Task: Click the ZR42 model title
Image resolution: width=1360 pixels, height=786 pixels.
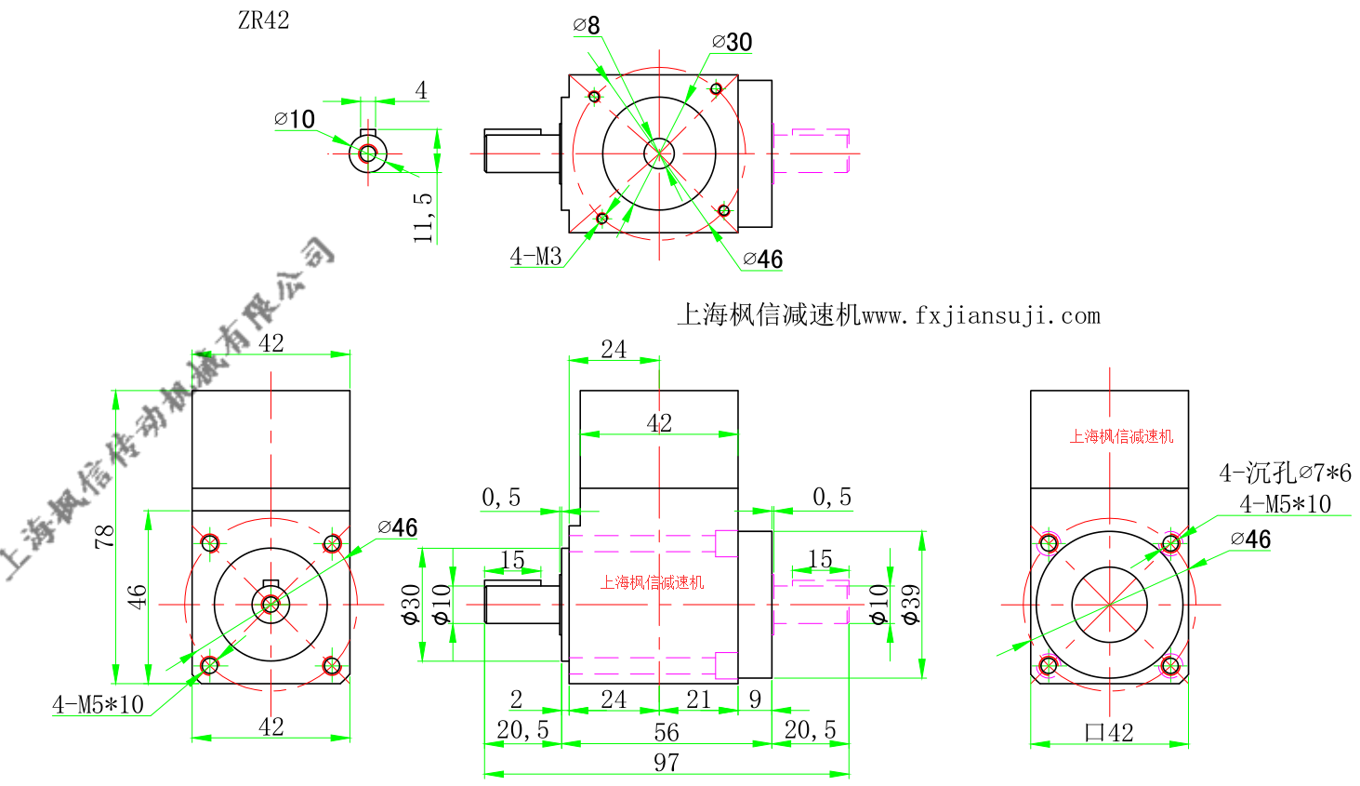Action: (x=263, y=20)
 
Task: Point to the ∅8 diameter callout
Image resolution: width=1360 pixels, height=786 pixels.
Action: (x=587, y=25)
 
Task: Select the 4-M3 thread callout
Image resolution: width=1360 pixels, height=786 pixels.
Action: (x=535, y=257)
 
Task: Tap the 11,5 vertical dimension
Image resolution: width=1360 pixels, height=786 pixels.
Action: (x=423, y=218)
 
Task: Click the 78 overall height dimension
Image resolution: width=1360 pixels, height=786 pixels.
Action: (x=104, y=537)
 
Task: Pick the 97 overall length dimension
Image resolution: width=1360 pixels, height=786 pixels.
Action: (x=666, y=762)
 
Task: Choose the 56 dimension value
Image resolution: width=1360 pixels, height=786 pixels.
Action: (x=666, y=732)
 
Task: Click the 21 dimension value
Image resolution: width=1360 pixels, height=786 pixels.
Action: (x=698, y=699)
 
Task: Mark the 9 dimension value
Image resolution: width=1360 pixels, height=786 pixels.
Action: (x=755, y=699)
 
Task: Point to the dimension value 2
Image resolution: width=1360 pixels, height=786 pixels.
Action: (x=516, y=699)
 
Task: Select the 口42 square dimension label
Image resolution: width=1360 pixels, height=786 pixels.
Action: (x=1109, y=733)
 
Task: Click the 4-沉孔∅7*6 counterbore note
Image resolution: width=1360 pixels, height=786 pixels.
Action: (x=1285, y=473)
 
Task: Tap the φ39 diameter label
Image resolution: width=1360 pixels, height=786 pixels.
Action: (x=910, y=605)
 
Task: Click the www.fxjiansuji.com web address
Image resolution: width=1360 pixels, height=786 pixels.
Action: (x=981, y=316)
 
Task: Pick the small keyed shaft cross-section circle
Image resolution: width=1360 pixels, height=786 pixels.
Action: (x=367, y=153)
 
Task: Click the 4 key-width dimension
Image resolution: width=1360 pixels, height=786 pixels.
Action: (x=421, y=90)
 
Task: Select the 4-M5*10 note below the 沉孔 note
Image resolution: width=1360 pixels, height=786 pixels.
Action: (x=1285, y=504)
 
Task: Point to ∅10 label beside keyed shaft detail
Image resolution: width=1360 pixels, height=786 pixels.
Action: (x=295, y=119)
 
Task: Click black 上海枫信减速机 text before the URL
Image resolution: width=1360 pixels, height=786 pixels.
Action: (x=769, y=316)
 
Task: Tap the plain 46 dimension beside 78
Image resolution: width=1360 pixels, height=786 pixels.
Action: (x=137, y=596)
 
